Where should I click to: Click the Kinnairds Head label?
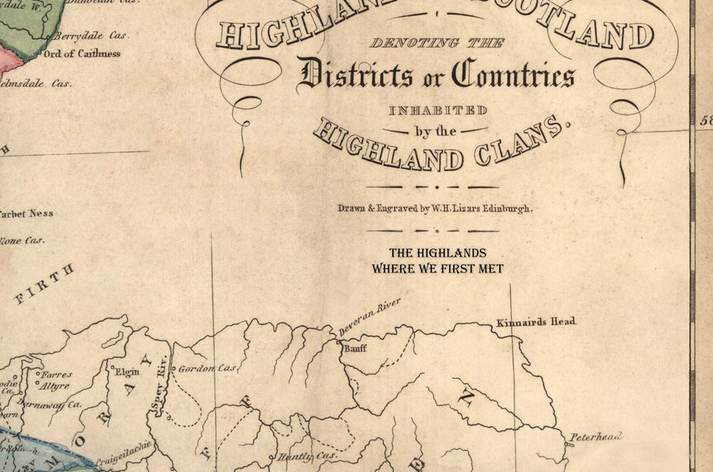[x=536, y=322]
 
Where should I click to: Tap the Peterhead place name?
[x=594, y=436]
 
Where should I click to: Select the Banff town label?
[x=354, y=348]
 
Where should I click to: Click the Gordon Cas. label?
[x=208, y=369]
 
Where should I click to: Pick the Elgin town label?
[x=128, y=371]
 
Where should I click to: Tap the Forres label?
[x=57, y=375]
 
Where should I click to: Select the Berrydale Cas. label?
[x=98, y=36]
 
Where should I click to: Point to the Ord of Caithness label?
[x=82, y=54]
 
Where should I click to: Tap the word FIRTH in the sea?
[x=44, y=284]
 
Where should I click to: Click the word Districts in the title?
[x=355, y=76]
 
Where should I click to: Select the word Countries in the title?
[x=513, y=76]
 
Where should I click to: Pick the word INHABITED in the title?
[x=437, y=110]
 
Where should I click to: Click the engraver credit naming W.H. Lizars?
[x=436, y=208]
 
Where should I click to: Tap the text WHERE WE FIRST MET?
[x=437, y=268]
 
